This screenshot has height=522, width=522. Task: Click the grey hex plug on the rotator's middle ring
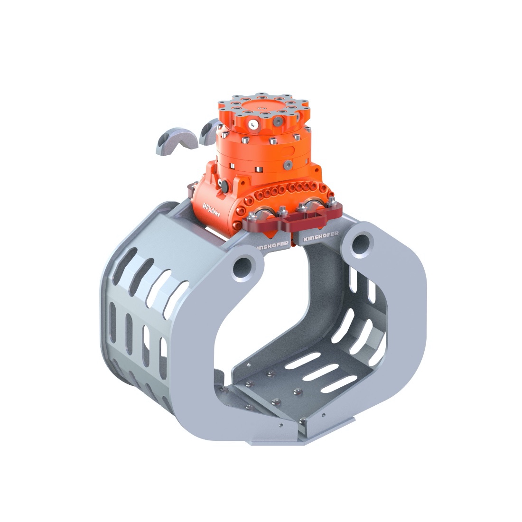[288, 164]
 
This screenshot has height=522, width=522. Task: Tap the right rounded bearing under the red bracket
[315, 205]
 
